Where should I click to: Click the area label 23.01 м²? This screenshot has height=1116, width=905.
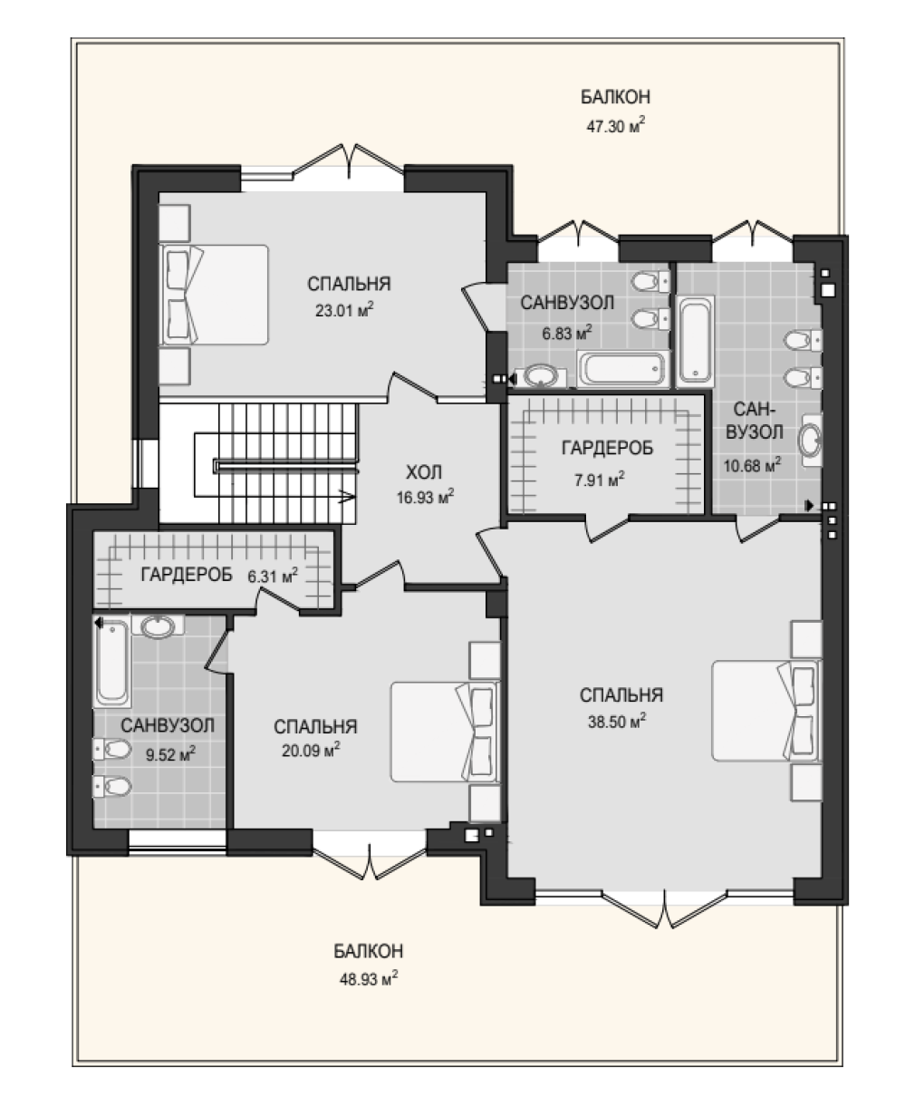tap(344, 310)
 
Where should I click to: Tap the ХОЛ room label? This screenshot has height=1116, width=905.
tap(424, 472)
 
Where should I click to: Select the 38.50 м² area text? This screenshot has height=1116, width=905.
tap(617, 721)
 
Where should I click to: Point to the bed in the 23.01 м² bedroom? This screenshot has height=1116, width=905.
tap(215, 295)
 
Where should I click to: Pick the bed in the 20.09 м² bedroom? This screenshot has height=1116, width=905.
tap(446, 732)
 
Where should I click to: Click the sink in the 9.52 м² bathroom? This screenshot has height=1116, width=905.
tap(158, 626)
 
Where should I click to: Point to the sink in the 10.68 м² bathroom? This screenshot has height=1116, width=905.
tap(811, 440)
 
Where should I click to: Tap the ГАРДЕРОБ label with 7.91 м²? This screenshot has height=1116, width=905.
tap(607, 448)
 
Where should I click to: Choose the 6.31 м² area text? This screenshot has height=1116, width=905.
tap(273, 576)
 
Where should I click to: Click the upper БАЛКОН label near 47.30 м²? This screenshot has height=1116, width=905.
tap(615, 97)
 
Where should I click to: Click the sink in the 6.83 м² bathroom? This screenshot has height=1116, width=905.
tap(543, 376)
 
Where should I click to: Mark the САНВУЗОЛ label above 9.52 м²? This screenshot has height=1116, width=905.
tap(168, 725)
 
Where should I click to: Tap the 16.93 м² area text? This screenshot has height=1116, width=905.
tap(425, 497)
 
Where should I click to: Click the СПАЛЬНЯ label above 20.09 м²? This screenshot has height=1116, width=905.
tap(315, 727)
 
